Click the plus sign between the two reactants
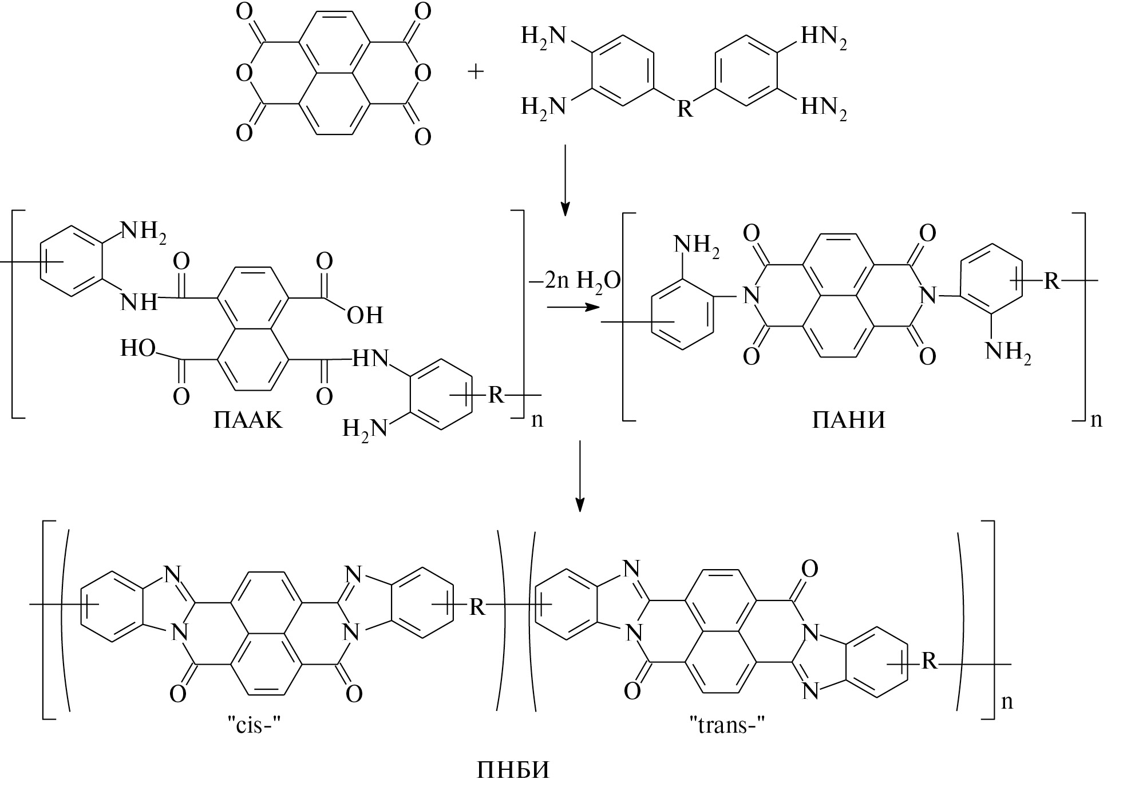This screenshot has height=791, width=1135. click(476, 72)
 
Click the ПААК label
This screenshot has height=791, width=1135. click(248, 420)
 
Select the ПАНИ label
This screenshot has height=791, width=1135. click(848, 420)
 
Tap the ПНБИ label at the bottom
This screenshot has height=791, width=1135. click(512, 770)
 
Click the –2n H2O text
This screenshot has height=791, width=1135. click(574, 280)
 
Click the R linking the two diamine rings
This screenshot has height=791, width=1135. click(685, 108)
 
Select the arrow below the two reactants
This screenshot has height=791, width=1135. click(565, 180)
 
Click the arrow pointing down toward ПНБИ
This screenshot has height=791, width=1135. click(580, 475)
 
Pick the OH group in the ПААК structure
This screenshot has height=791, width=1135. click(365, 315)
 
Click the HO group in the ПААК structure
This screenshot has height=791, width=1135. click(138, 348)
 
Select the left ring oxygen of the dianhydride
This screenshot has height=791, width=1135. click(244, 73)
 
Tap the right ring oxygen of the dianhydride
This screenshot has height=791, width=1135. click(422, 73)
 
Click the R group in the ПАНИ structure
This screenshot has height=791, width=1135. click(1052, 281)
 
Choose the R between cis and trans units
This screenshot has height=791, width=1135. click(477, 607)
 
